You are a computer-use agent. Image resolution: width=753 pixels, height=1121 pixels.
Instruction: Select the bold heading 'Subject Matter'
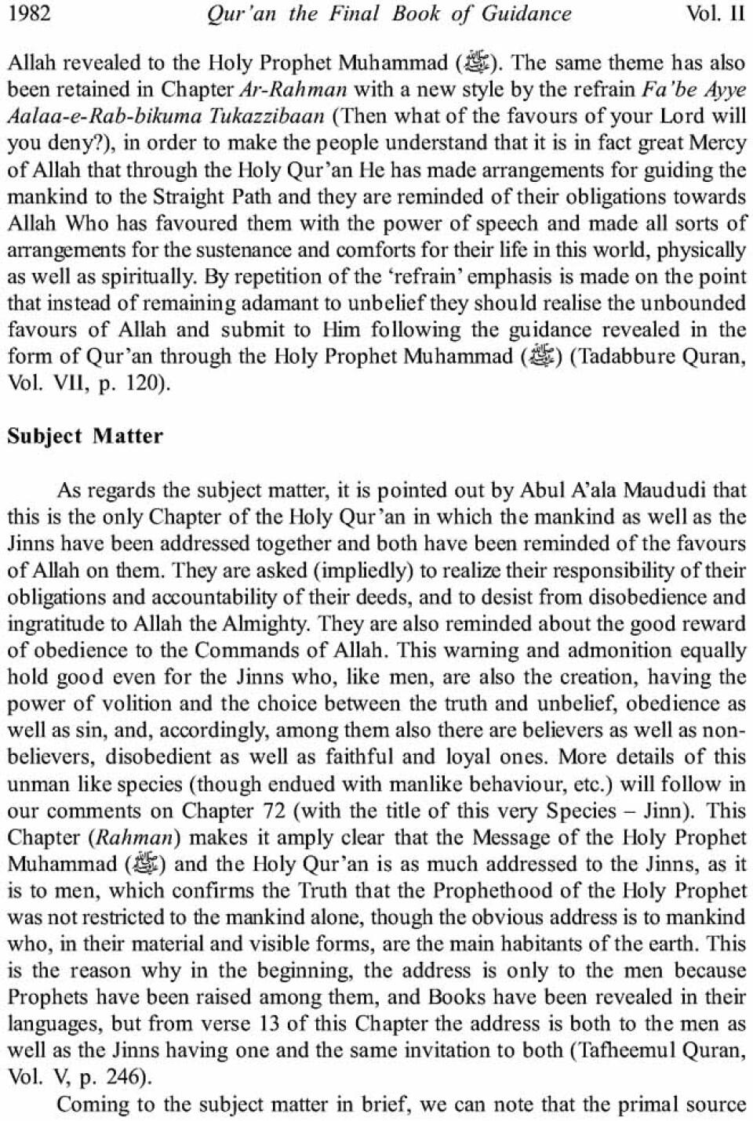[x=85, y=436]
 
